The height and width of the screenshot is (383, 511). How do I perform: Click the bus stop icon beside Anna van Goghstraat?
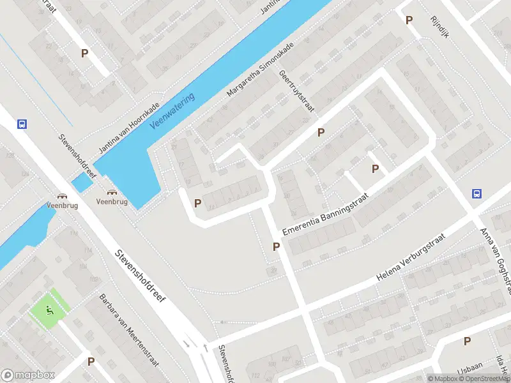pos(477,193)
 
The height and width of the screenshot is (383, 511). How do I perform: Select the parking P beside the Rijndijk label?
pos(409,20)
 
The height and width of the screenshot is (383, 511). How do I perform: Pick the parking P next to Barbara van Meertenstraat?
pos(91,361)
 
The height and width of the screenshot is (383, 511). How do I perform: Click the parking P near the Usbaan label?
pos(468,342)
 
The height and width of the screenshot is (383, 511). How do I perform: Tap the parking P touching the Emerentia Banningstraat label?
pos(277,246)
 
